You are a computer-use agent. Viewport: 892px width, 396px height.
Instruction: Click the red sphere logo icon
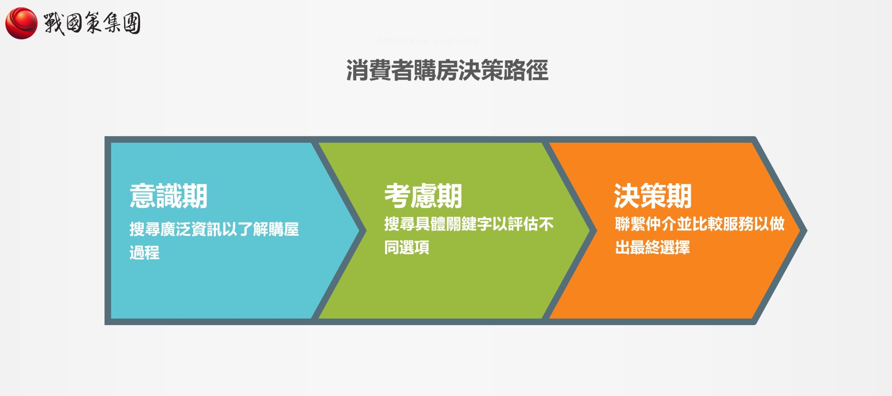coord(21,23)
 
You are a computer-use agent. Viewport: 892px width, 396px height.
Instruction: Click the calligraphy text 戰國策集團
coord(92,23)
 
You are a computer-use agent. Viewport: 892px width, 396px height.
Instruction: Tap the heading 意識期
coord(168,196)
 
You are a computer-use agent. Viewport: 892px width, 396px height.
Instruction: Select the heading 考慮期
coord(423,196)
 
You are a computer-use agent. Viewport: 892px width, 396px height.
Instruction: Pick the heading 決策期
coord(652,196)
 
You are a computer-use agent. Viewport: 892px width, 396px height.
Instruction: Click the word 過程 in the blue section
coord(145,253)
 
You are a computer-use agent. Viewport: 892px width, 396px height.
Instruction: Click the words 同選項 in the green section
coord(407,247)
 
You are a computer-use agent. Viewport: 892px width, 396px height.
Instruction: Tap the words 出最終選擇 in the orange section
coord(652,247)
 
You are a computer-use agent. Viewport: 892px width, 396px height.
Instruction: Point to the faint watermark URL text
coord(428,41)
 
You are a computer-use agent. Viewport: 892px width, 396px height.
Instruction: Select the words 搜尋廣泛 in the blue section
coord(160,229)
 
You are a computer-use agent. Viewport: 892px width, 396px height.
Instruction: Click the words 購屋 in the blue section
coord(283,229)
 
